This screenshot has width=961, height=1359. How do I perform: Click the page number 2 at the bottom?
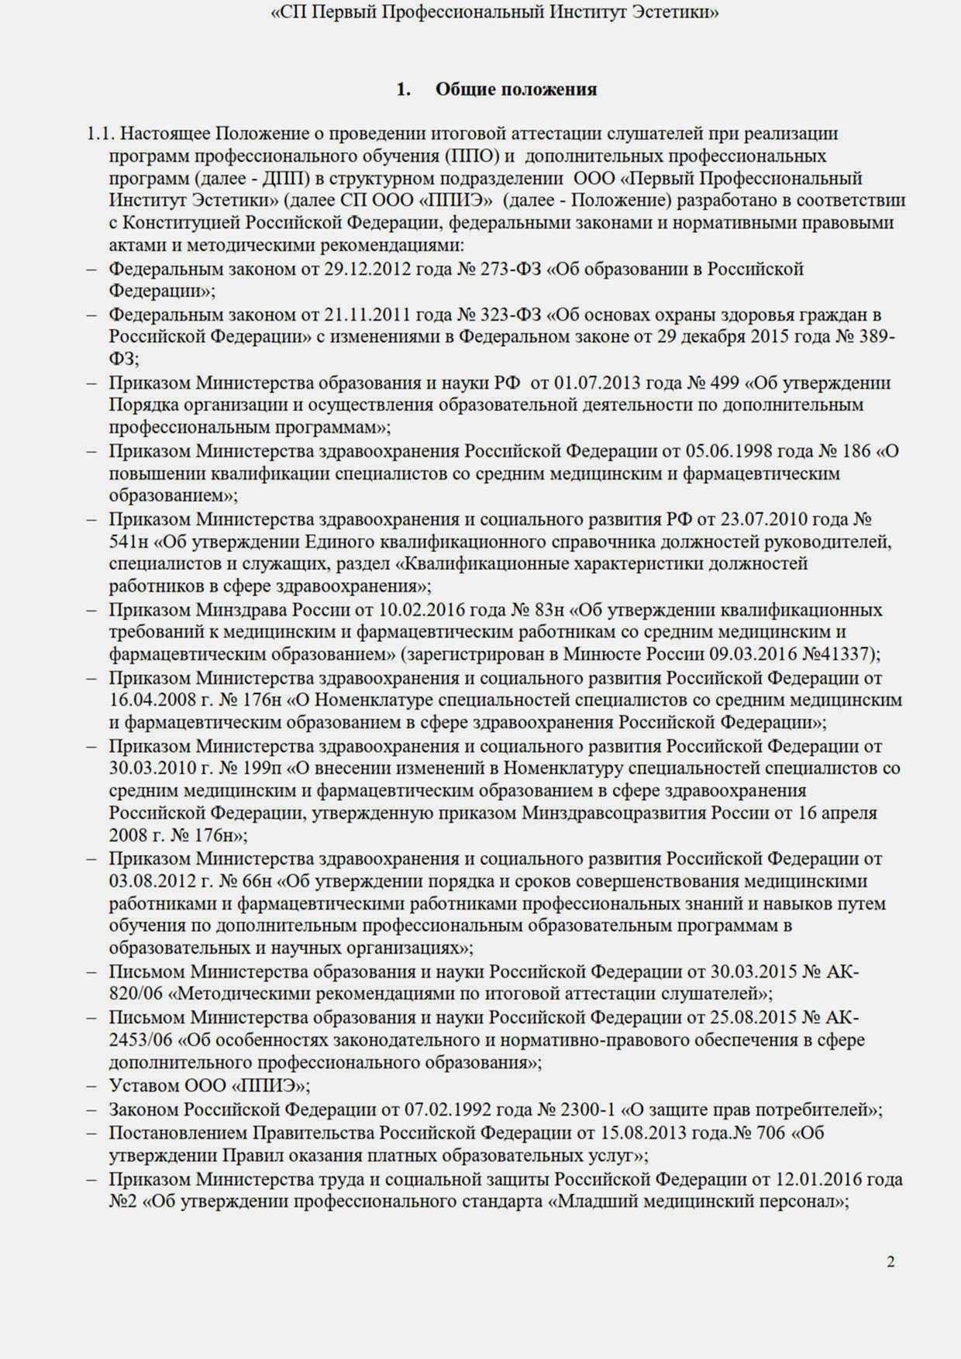coord(890,1261)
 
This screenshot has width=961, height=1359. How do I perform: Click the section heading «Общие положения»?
coord(515,89)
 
